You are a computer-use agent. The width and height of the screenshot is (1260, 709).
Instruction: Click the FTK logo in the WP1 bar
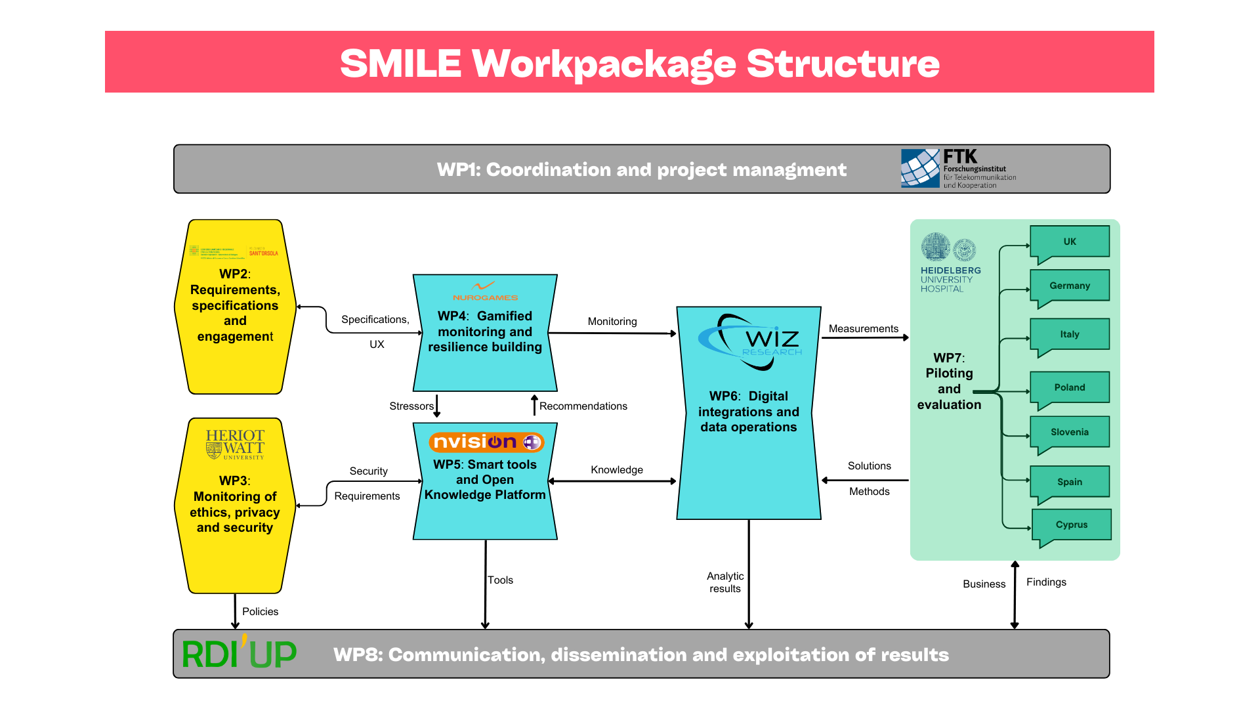[958, 169]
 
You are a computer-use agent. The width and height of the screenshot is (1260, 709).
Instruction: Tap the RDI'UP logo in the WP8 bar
[239, 654]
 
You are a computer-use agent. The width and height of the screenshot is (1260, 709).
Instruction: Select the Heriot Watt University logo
[235, 444]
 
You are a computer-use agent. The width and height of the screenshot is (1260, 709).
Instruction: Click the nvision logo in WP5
[486, 442]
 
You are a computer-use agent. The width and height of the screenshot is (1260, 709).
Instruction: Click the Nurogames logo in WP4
[485, 291]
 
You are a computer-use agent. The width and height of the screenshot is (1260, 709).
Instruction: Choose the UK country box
[1070, 242]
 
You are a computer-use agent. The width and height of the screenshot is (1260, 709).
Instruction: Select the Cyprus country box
[1071, 525]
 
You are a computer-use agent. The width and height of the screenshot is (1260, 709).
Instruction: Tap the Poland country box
[1070, 387]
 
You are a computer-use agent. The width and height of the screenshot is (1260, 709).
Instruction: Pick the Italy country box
[1070, 334]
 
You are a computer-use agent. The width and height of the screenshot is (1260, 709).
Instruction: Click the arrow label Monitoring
[612, 321]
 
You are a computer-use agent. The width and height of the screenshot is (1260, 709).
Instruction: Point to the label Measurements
[863, 328]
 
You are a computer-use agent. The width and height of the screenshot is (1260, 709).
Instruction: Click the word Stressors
[411, 406]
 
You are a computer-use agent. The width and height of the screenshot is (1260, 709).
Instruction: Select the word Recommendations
[583, 406]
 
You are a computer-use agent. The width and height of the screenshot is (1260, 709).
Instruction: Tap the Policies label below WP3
[260, 611]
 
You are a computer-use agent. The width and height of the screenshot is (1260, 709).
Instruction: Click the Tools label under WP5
[500, 580]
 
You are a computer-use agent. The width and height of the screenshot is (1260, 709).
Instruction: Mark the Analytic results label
[725, 582]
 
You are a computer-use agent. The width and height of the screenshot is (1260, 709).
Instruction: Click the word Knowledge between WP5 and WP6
[616, 469]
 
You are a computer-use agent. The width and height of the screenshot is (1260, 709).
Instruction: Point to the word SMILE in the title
[400, 64]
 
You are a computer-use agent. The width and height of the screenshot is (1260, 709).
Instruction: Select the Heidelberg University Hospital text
[950, 279]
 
